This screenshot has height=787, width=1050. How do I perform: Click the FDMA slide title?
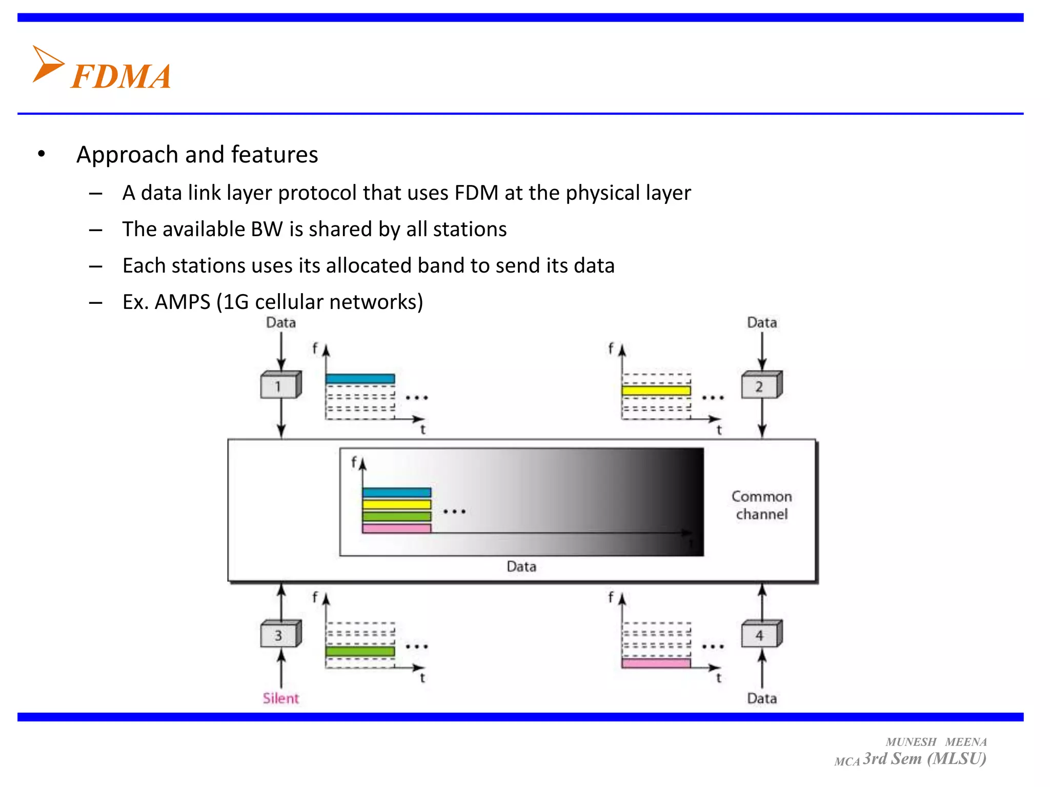(x=120, y=77)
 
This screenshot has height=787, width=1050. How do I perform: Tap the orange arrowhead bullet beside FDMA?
(x=47, y=64)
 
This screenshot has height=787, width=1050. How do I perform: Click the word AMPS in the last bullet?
(x=183, y=302)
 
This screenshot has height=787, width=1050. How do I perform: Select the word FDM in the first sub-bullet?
(x=476, y=193)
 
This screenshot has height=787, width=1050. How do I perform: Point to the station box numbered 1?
(x=279, y=385)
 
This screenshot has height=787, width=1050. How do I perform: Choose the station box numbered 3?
(x=279, y=635)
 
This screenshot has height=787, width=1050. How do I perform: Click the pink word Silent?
(x=280, y=698)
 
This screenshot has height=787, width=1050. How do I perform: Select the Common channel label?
(x=761, y=505)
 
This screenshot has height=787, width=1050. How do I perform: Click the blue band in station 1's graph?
(x=360, y=379)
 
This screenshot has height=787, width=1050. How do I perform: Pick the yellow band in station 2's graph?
(x=656, y=391)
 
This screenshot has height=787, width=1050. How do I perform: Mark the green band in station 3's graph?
(x=360, y=651)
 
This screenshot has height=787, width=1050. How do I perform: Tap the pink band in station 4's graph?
(x=656, y=664)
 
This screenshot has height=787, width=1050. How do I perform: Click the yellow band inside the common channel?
(x=396, y=504)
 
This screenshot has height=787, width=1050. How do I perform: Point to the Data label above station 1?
(x=280, y=323)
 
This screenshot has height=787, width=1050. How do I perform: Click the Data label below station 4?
(x=761, y=698)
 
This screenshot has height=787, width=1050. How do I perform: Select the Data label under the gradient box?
(x=521, y=567)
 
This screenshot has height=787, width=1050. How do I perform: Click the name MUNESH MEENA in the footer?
(x=936, y=742)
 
